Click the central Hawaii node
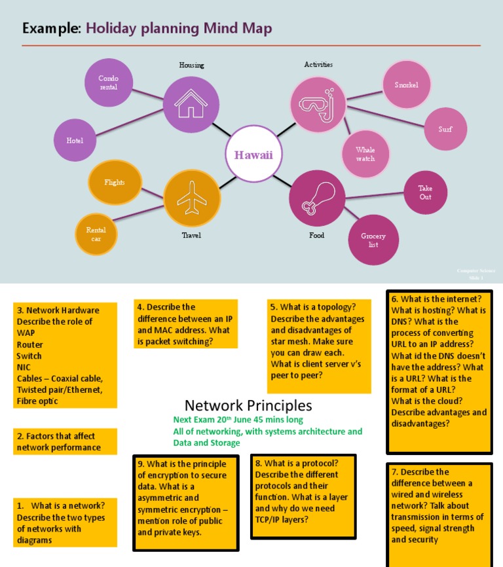coord(253,155)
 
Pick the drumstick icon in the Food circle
coord(317,198)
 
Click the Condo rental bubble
coord(109,82)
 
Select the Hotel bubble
coord(75,140)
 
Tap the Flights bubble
coord(114,183)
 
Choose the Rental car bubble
coord(96,234)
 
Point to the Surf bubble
coord(445,129)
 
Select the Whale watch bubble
coord(365,154)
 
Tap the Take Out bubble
coord(425,192)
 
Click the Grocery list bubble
coord(373,240)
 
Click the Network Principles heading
coord(248,405)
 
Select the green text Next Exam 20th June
coord(238,420)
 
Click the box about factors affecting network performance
coord(65,442)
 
